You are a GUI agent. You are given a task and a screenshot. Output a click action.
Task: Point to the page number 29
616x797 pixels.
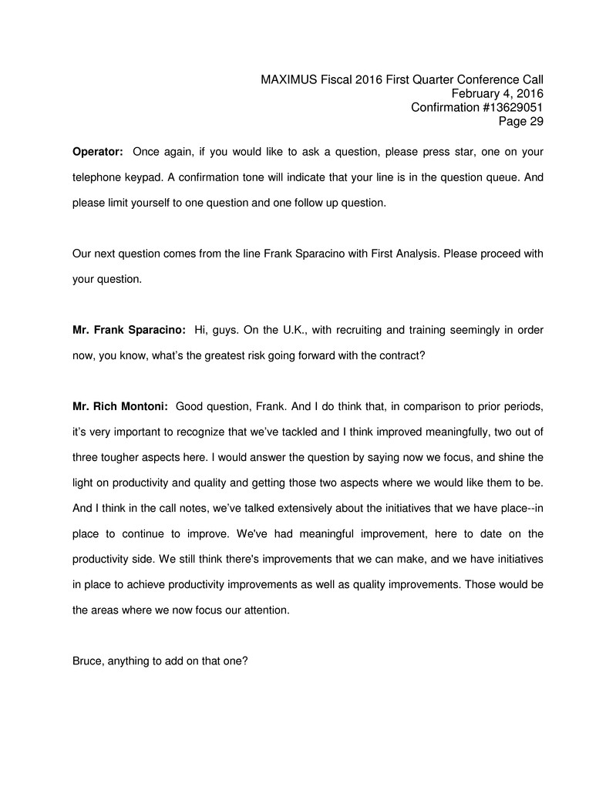pyautogui.click(x=537, y=121)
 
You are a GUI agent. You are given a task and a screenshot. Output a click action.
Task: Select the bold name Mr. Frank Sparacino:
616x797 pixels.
pyautogui.click(x=129, y=330)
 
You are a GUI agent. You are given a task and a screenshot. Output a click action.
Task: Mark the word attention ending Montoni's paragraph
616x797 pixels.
pyautogui.click(x=273, y=610)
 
